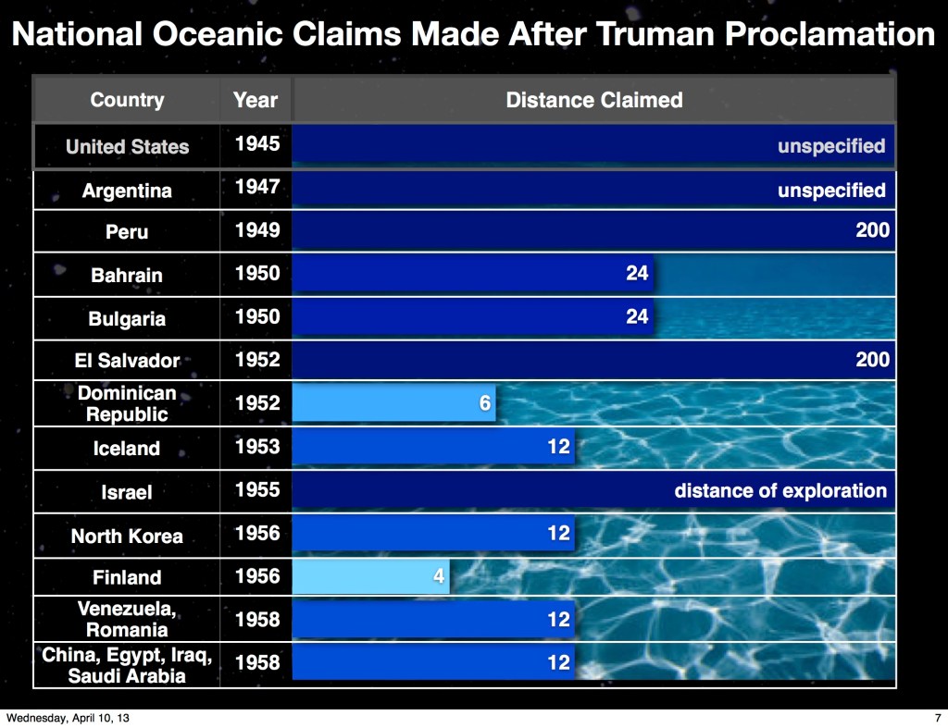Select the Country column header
coord(127,100)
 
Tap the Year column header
coord(256,100)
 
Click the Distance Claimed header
coord(593,100)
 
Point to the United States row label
coord(127,146)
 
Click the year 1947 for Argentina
coord(257,187)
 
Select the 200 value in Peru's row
coord(872,230)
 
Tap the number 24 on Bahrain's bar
coord(637,273)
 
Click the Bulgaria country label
coord(127,318)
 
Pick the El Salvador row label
coord(127,361)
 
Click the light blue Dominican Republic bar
coord(393,403)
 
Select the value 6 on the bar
coord(485,403)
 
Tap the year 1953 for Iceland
coord(257,447)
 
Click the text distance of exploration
coord(780,490)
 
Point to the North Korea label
coord(127,536)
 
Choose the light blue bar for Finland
coord(370,576)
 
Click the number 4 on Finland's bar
coord(439,576)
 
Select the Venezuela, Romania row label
coord(127,619)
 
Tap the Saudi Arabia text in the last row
coord(127,675)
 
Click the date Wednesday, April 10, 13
coord(68,718)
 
